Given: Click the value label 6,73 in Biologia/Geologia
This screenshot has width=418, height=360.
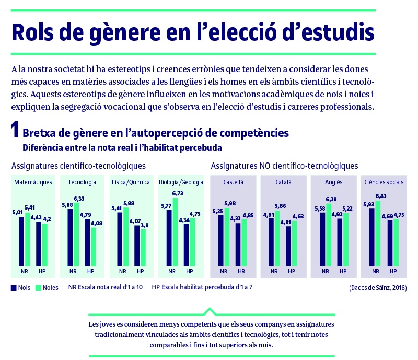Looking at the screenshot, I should pyautogui.click(x=178, y=193).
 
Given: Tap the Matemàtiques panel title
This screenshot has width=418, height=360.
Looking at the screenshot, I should pyautogui.click(x=33, y=182).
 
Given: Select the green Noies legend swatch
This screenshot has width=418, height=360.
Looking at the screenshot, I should pyautogui.click(x=38, y=287).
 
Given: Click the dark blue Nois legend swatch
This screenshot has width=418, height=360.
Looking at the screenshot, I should pyautogui.click(x=14, y=287).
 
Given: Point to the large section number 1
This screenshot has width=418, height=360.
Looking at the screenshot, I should pyautogui.click(x=16, y=131).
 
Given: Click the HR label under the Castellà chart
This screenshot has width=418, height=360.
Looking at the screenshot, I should pyautogui.click(x=241, y=272).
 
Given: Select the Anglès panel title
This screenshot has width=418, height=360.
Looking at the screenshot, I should pyautogui.click(x=334, y=182).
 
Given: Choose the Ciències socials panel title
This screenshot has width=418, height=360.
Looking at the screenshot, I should pyautogui.click(x=384, y=182).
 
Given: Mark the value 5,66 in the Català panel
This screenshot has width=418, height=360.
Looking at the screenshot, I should pyautogui.click(x=280, y=205).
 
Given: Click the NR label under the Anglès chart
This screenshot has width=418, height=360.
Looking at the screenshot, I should pyautogui.click(x=326, y=272).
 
